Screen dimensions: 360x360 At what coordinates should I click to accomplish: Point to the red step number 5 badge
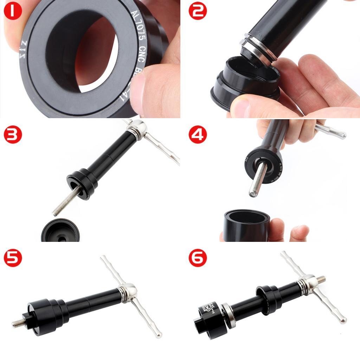coord(13,259)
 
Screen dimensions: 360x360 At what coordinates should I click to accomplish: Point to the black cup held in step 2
coord(246,84)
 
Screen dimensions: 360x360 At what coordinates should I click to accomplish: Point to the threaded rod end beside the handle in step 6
coord(321,280)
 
